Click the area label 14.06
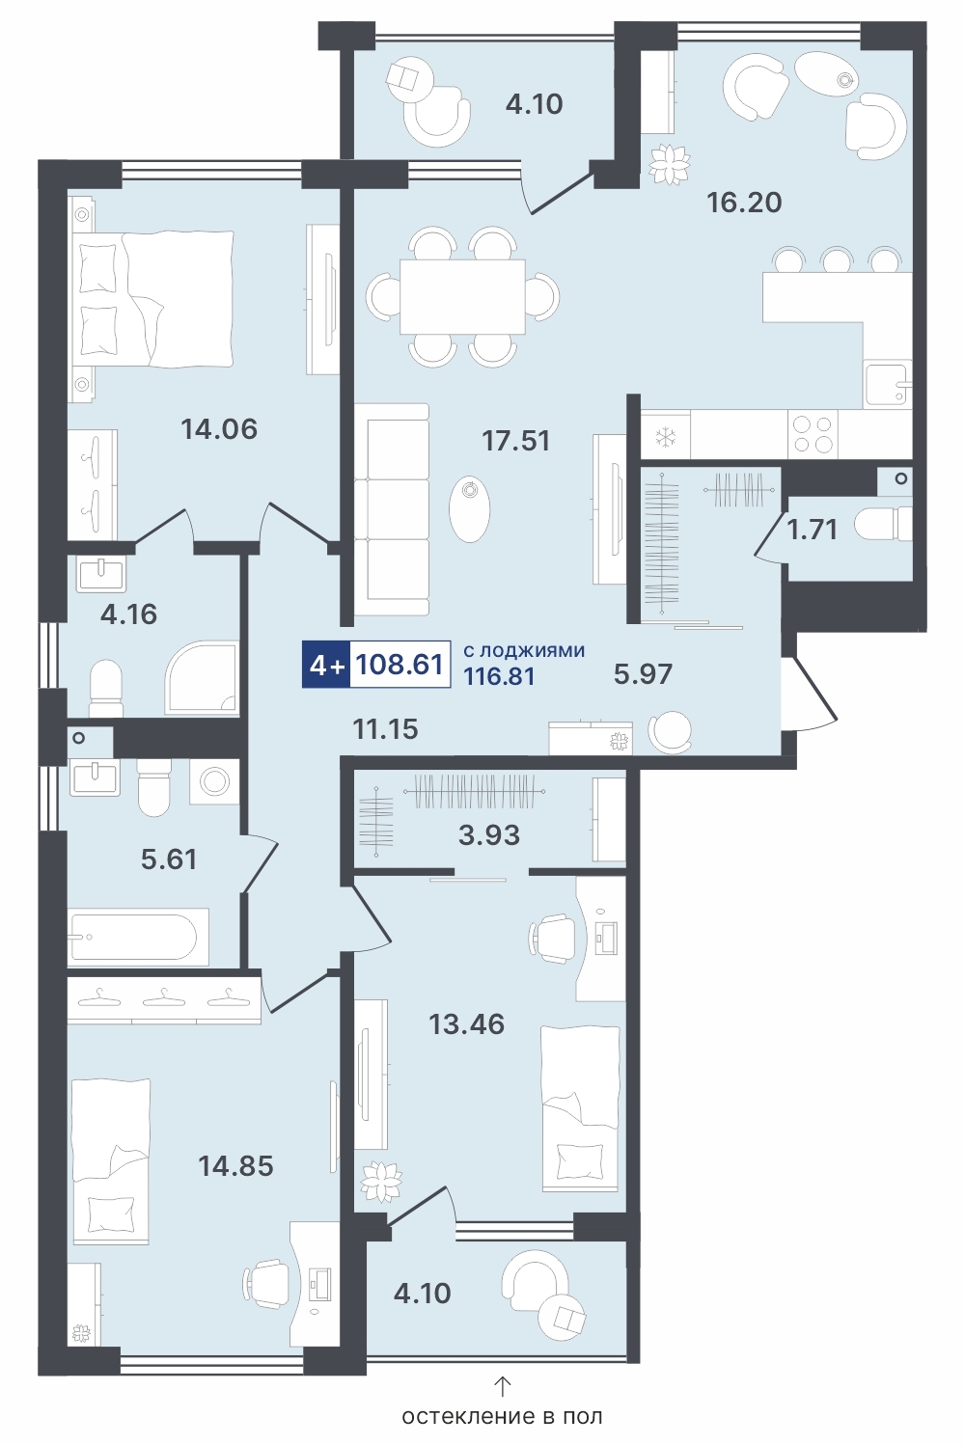pyautogui.click(x=219, y=429)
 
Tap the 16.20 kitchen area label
pyautogui.click(x=744, y=203)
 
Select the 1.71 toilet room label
pyautogui.click(x=812, y=530)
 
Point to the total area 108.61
pyautogui.click(x=400, y=664)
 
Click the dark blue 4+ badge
pyautogui.click(x=326, y=665)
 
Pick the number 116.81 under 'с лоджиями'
pyautogui.click(x=500, y=677)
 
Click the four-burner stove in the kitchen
pyautogui.click(x=813, y=434)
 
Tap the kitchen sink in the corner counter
pyautogui.click(x=888, y=386)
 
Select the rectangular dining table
pyautogui.click(x=462, y=297)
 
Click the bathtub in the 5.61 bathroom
pyautogui.click(x=138, y=937)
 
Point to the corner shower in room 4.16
pyautogui.click(x=202, y=677)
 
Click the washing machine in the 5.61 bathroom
pyautogui.click(x=213, y=782)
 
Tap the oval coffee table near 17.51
pyautogui.click(x=470, y=509)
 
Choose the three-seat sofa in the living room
pyautogui.click(x=392, y=509)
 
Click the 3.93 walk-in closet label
pyautogui.click(x=489, y=835)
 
